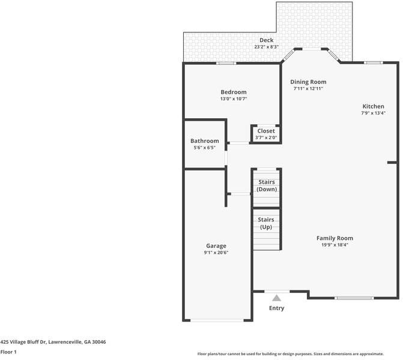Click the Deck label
point(266,40)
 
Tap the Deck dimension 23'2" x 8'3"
point(266,47)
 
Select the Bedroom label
point(233,92)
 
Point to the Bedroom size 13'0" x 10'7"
point(233,98)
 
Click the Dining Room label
point(308,82)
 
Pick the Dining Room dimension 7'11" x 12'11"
point(308,88)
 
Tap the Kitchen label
point(372,106)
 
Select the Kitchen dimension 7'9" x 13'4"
point(372,113)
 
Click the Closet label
point(265,131)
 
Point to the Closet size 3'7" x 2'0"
point(265,137)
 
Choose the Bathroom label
point(204,141)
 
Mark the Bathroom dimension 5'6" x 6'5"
point(204,148)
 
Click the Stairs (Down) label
point(266,185)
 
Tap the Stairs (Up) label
point(266,223)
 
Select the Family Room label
point(335,238)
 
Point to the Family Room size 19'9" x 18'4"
point(335,245)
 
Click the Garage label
point(216,246)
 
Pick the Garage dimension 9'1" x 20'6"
point(216,253)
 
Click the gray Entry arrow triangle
point(276,297)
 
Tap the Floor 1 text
point(8,352)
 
